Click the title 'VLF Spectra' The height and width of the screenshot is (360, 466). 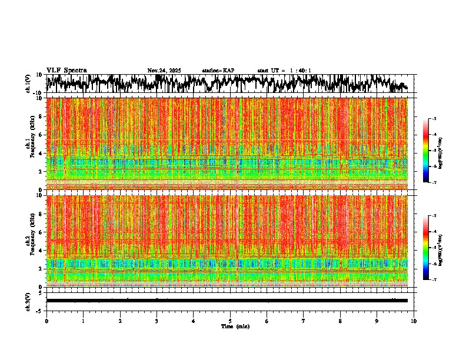(x=66, y=71)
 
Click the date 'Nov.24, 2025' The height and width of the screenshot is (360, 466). (x=164, y=71)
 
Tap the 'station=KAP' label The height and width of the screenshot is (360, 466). (x=218, y=71)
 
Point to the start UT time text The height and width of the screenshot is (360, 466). (x=284, y=71)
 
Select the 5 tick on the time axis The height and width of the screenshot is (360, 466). (x=230, y=321)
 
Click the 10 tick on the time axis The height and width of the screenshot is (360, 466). (x=414, y=321)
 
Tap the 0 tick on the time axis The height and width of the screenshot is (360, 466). (x=46, y=321)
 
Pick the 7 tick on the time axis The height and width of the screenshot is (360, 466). (x=304, y=321)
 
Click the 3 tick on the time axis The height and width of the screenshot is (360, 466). (x=157, y=321)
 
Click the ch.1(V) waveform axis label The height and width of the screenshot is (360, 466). (x=28, y=84)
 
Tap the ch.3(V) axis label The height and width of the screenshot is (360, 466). (x=28, y=301)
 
